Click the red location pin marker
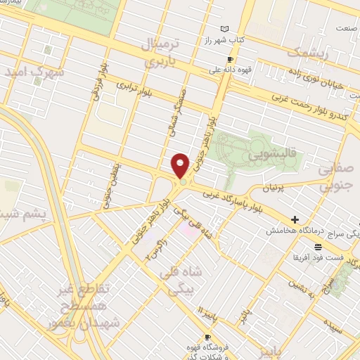coord(181,165)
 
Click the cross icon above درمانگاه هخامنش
coord(295,220)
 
